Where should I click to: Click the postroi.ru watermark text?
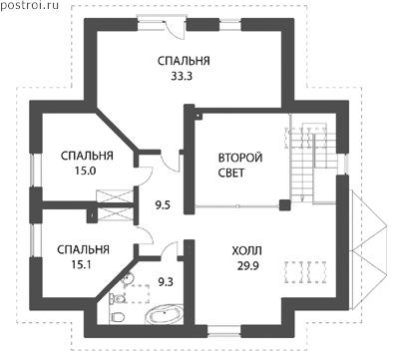[x=29, y=5]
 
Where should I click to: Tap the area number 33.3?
[x=182, y=77]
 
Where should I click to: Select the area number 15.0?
[x=85, y=171]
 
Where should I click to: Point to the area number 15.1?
[x=82, y=264]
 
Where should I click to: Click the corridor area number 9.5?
[x=163, y=205]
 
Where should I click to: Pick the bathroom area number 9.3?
[x=166, y=282]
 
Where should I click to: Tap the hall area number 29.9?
[x=247, y=265]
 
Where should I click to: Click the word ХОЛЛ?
[x=246, y=250]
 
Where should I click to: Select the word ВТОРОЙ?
[x=240, y=158]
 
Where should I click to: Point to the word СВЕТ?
[x=231, y=173]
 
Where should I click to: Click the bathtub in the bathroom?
[x=165, y=313]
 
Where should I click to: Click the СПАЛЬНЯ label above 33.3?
[x=184, y=61]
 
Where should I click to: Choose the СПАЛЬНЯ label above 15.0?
[x=87, y=156]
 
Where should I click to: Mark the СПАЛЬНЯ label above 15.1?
[x=83, y=249]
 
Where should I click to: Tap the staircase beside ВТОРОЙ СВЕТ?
[x=309, y=163]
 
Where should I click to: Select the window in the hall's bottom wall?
[x=223, y=330]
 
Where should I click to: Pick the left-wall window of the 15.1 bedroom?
[x=32, y=240]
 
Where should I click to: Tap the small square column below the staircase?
[x=284, y=204]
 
